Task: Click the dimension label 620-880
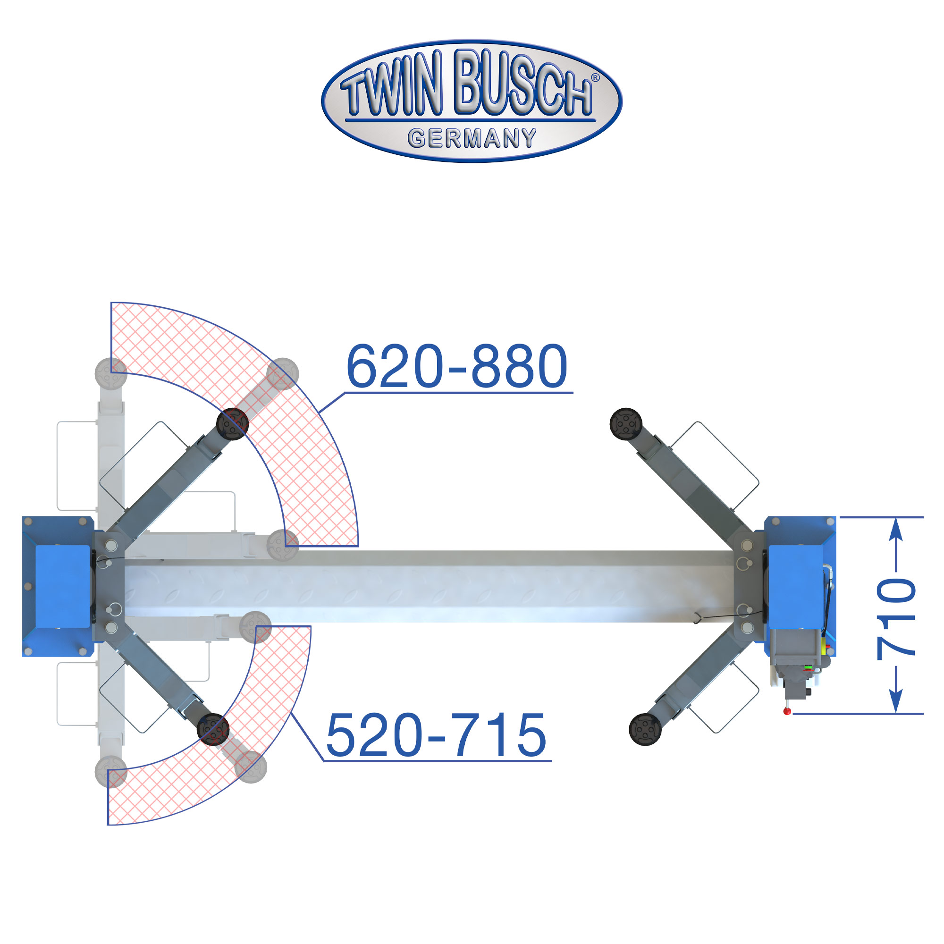coord(456,366)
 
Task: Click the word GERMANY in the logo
coord(472,138)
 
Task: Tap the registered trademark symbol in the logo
coord(595,78)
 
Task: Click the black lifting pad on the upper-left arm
coord(233,424)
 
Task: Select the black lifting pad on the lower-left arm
coord(213,729)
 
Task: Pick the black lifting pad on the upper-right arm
coord(626,424)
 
